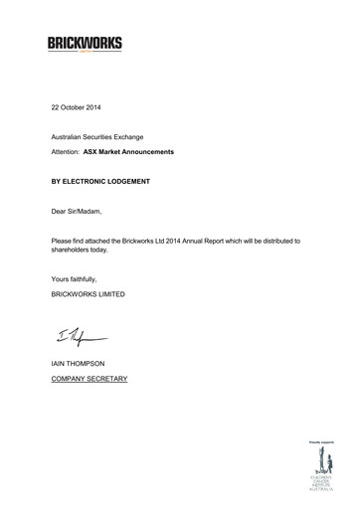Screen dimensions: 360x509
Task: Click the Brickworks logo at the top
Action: tap(85, 44)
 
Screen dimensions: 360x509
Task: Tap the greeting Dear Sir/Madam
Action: tap(76, 212)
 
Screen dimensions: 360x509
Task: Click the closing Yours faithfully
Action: tap(73, 279)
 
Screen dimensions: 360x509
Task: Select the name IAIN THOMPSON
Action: tap(79, 365)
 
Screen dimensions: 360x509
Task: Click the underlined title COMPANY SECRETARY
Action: tap(90, 379)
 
